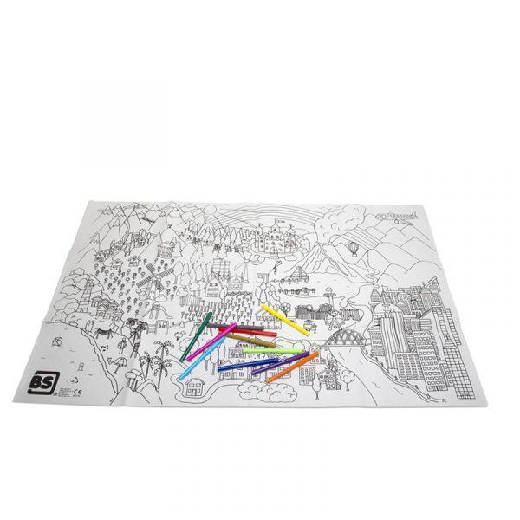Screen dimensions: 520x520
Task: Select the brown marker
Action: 251,342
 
